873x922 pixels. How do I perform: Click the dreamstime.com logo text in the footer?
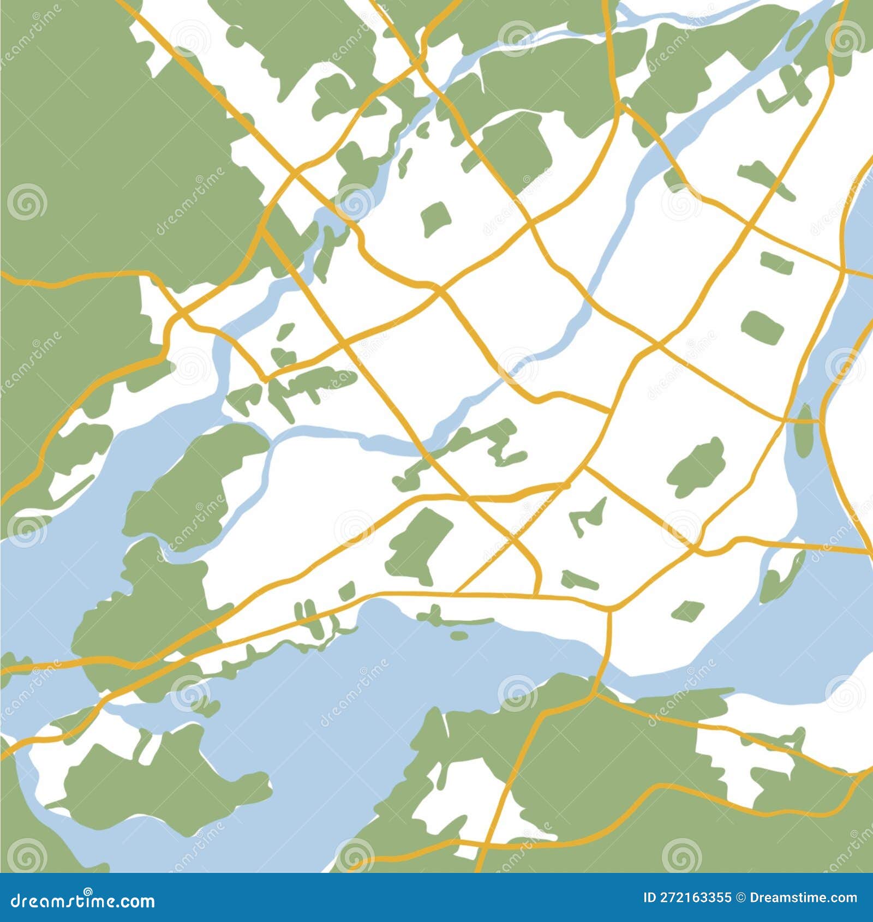click(82, 901)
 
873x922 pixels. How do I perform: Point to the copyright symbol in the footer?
click(740, 897)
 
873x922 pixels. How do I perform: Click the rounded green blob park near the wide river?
click(697, 468)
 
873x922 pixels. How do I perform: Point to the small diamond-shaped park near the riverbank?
click(688, 611)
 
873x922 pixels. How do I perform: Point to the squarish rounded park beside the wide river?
click(763, 327)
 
